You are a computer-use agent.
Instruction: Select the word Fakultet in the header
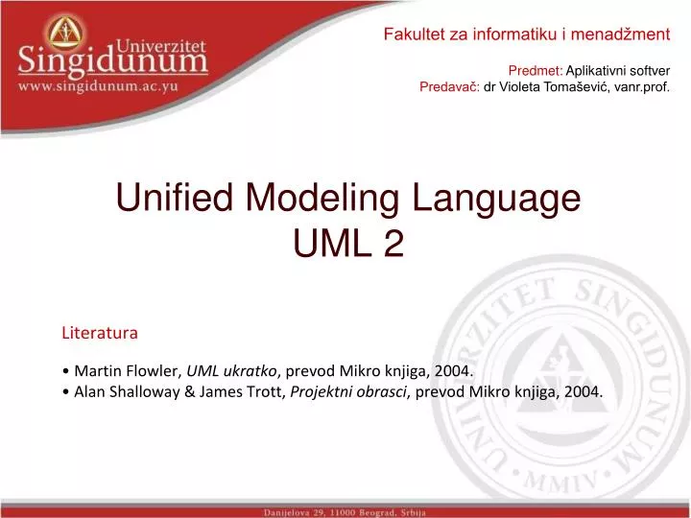(x=413, y=35)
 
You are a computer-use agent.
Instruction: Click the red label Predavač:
(x=450, y=85)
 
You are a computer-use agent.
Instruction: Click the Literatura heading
(x=100, y=333)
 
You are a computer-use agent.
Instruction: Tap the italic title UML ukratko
(x=232, y=371)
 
